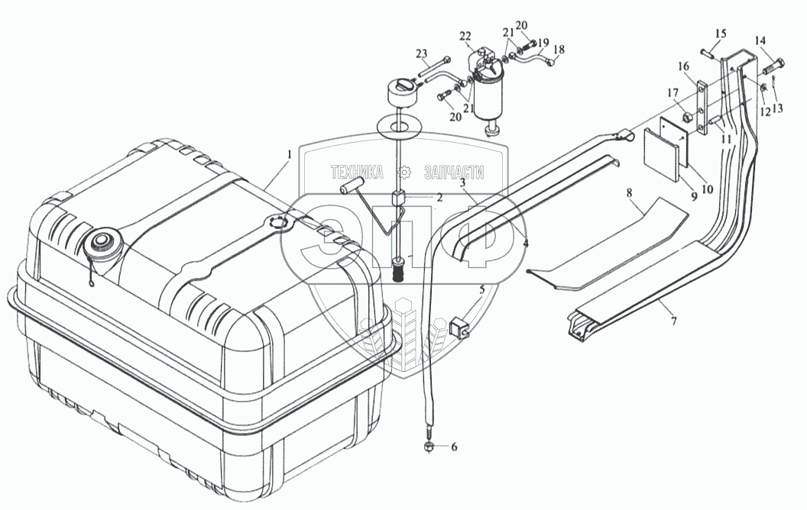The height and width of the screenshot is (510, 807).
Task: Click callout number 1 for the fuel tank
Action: click(x=288, y=155)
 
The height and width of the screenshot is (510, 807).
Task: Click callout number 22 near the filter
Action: click(x=465, y=36)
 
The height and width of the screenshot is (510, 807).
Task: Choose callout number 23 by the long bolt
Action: click(x=420, y=53)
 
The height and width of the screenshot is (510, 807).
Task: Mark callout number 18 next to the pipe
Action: click(x=559, y=50)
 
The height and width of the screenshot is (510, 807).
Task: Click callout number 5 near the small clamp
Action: click(x=481, y=290)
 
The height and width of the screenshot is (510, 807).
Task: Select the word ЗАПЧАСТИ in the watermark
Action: click(x=452, y=173)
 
